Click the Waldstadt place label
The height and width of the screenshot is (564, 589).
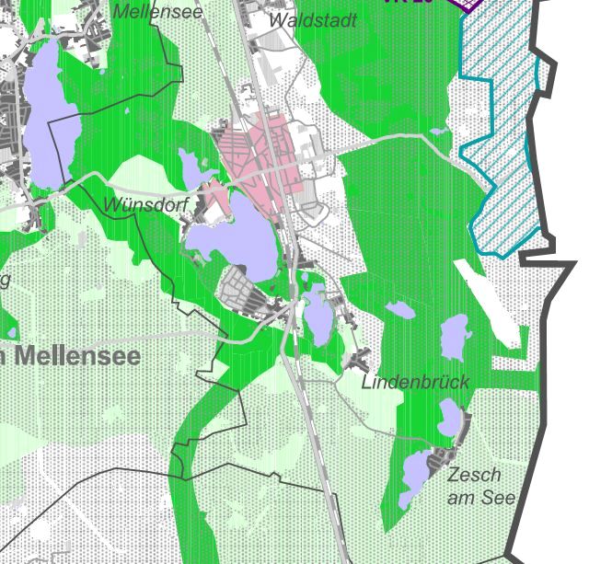tap(313, 20)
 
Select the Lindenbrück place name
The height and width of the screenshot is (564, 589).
tap(415, 381)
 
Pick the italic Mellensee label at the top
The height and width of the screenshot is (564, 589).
tap(157, 12)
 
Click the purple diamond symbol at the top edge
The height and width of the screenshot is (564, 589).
tap(468, 4)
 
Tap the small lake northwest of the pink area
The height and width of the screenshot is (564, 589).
tap(193, 167)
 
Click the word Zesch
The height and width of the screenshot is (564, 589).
tap(475, 475)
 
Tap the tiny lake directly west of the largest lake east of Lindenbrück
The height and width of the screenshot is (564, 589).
tap(401, 310)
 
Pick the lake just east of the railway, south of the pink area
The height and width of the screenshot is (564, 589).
tap(318, 313)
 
